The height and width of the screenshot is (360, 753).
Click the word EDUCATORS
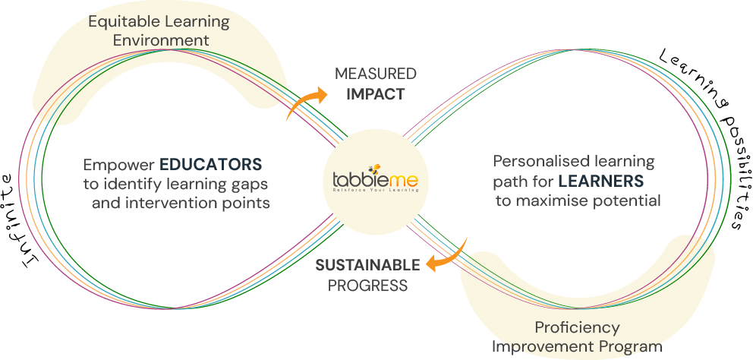(x=211, y=164)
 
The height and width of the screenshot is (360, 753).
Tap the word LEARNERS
(x=600, y=182)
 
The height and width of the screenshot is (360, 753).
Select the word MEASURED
(x=376, y=74)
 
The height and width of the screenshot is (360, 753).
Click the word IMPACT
(x=376, y=94)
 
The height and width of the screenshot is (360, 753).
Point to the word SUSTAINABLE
(x=367, y=265)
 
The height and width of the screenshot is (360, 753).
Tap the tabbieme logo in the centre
(x=370, y=182)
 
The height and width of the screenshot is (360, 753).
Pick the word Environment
(x=161, y=39)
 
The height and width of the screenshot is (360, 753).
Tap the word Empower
(x=118, y=164)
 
